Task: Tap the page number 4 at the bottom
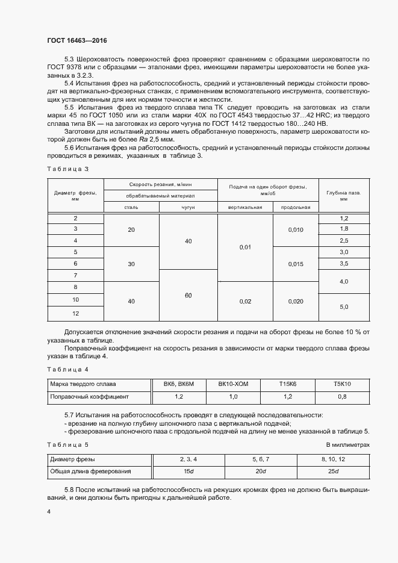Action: click(x=49, y=512)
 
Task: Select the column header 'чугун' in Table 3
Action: click(x=188, y=207)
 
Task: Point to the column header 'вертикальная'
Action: click(x=245, y=207)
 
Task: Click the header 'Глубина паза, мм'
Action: click(x=344, y=196)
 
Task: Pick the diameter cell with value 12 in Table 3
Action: click(x=75, y=314)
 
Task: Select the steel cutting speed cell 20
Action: click(x=131, y=229)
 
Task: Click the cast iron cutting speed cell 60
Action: click(x=188, y=295)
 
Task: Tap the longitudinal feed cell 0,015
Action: click(x=296, y=264)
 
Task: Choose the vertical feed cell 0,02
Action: click(x=245, y=302)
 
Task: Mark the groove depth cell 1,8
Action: click(x=344, y=229)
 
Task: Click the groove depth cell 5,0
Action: click(x=344, y=307)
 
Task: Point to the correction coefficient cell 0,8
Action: click(x=342, y=397)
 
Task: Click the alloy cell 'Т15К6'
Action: click(x=288, y=384)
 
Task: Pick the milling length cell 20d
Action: click(x=260, y=471)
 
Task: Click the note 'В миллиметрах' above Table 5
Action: click(x=347, y=445)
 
